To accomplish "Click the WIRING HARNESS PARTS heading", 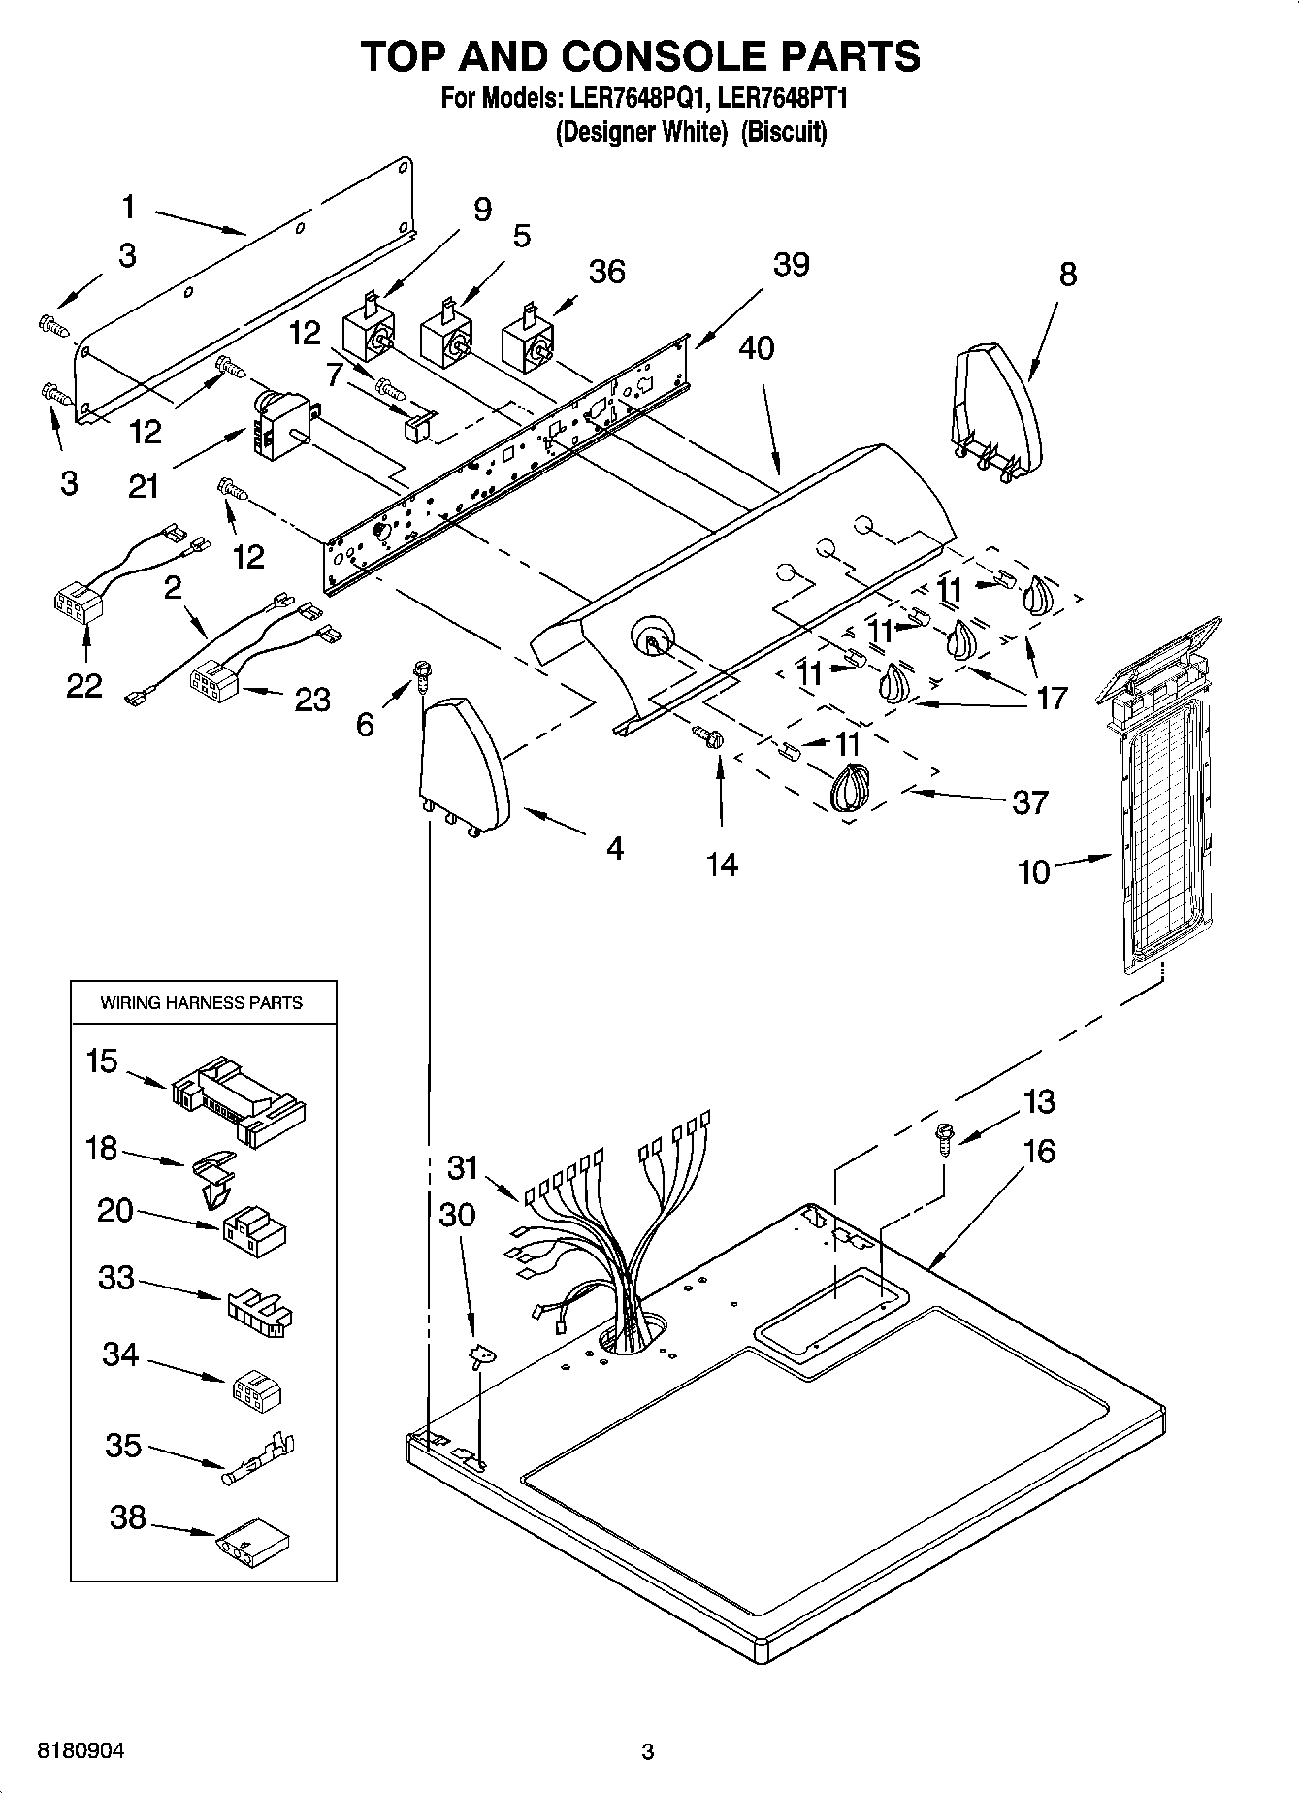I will (x=202, y=1003).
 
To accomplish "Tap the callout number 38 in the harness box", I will (x=127, y=1517).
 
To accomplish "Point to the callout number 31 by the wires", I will (x=463, y=1166).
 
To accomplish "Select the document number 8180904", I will (x=80, y=1751).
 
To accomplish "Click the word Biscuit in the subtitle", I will (x=784, y=132).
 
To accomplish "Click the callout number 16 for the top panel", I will (x=1038, y=1152).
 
